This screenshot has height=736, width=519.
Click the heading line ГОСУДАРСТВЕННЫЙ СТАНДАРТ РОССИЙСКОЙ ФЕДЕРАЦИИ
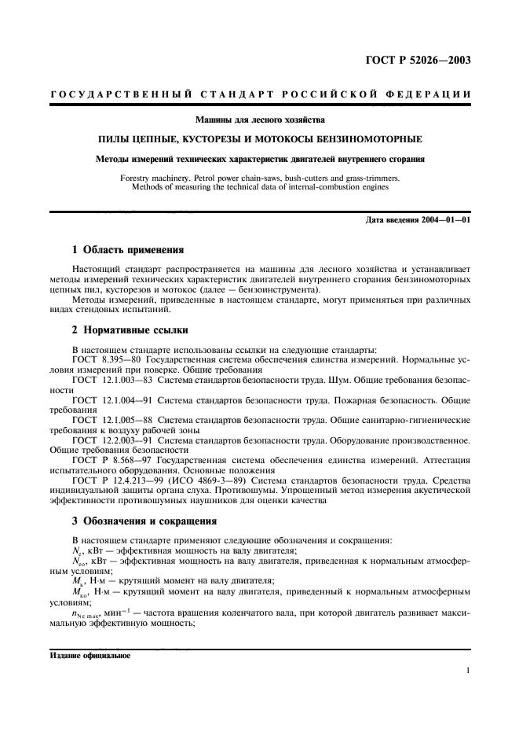pos(260,94)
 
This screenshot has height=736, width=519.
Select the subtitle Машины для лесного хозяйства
pos(260,120)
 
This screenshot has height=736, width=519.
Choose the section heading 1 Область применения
pos(127,250)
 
